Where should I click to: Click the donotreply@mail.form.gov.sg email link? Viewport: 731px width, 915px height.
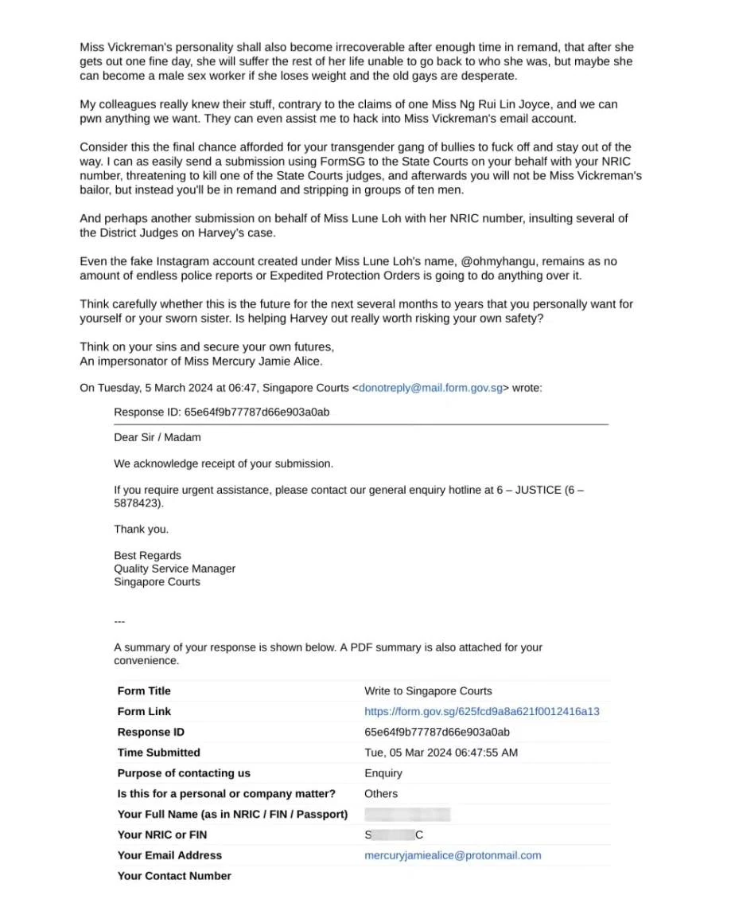tap(430, 389)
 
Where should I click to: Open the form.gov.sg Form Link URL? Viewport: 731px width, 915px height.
tap(481, 711)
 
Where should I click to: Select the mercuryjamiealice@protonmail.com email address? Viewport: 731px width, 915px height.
tap(453, 855)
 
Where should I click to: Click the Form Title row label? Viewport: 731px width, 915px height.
tap(144, 691)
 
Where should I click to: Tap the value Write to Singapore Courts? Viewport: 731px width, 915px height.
tap(428, 691)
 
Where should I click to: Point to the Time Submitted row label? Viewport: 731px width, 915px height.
tap(158, 753)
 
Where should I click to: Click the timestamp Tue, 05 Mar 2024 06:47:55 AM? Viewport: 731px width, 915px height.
tap(441, 753)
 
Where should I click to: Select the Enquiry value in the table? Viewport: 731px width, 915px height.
tap(383, 773)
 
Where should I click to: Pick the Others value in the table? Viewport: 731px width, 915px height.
tap(381, 794)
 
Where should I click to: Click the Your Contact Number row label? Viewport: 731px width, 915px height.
tap(174, 876)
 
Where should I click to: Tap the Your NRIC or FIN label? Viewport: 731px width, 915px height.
tap(162, 835)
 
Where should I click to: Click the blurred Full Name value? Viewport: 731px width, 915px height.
tap(407, 815)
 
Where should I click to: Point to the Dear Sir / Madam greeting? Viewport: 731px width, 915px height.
tap(157, 437)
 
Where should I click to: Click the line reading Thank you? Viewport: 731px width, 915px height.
tap(142, 530)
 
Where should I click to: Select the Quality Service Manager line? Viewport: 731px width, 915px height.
tap(174, 569)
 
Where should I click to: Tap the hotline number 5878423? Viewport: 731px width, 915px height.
tap(137, 503)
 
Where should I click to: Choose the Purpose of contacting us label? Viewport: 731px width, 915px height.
tap(184, 773)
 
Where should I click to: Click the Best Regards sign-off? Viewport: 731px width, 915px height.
tap(147, 556)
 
